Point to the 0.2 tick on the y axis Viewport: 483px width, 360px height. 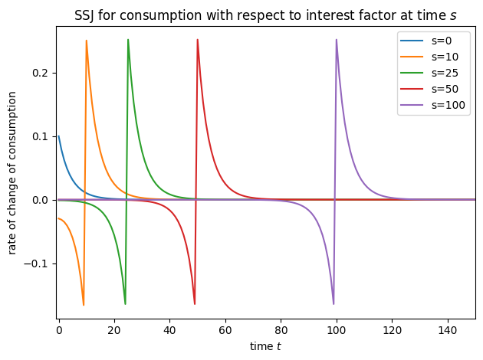tap(41, 73)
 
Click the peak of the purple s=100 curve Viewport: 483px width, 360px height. tap(337, 40)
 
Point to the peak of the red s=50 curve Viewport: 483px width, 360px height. tap(198, 40)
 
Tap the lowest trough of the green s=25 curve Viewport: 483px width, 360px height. tap(125, 304)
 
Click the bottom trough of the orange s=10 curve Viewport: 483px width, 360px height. tap(84, 305)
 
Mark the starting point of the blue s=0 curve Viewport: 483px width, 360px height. tap(58, 136)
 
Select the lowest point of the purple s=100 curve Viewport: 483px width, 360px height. tap(333, 304)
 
